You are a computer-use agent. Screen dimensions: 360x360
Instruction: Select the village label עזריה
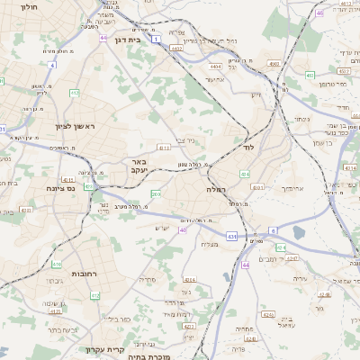(x=301, y=278)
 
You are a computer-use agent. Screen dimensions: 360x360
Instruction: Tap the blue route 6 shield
(x=274, y=231)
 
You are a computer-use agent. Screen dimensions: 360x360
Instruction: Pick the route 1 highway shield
(x=156, y=39)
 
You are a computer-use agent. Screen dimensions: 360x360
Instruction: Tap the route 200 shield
(x=156, y=193)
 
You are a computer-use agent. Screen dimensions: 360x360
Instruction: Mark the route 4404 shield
(x=214, y=66)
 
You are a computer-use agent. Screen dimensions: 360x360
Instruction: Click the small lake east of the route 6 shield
(x=298, y=234)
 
